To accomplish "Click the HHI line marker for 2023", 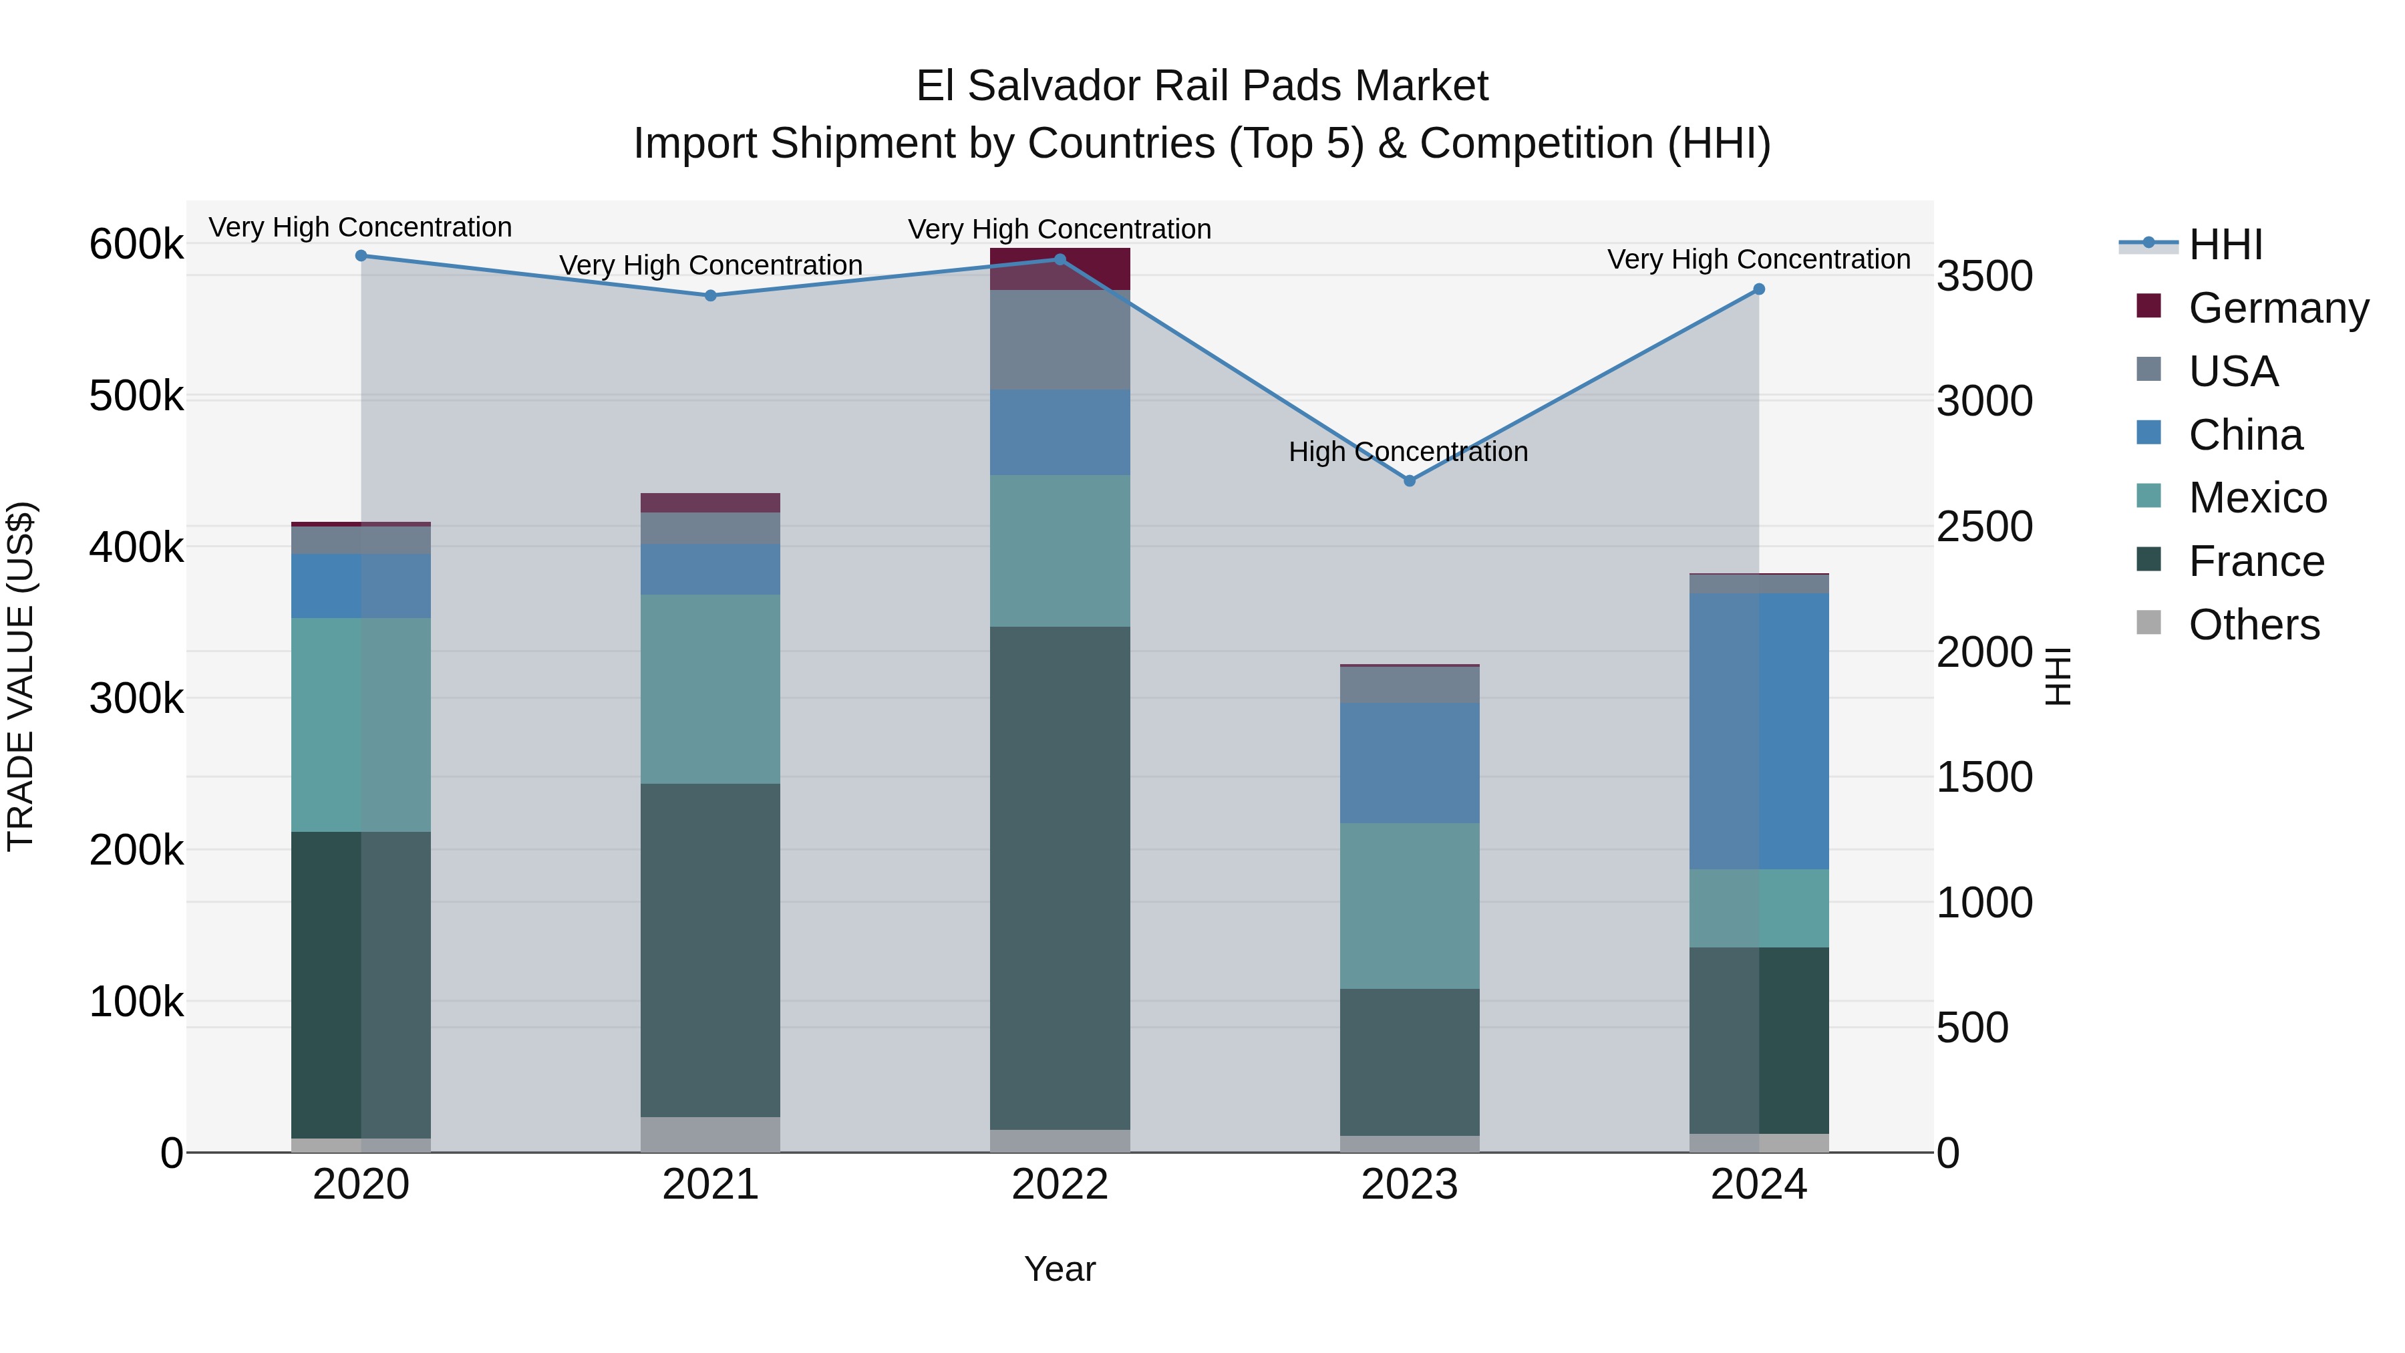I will [x=1410, y=481].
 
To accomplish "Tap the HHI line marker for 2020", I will [x=361, y=256].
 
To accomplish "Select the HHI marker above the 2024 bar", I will [x=1759, y=289].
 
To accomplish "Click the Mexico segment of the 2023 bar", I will [x=1410, y=906].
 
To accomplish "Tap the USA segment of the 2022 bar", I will [x=1060, y=340].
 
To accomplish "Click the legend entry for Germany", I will [x=2278, y=308].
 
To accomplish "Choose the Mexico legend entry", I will [x=2257, y=498].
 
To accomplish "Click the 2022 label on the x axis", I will [x=1060, y=1185].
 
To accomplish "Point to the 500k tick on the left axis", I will [x=136, y=396].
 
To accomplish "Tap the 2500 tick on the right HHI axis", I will [x=1984, y=527].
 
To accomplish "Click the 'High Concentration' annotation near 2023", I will [x=1408, y=452].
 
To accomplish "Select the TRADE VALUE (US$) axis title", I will [x=21, y=676].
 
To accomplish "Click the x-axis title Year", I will [x=1060, y=1269].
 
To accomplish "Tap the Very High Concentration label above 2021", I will [x=711, y=265].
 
